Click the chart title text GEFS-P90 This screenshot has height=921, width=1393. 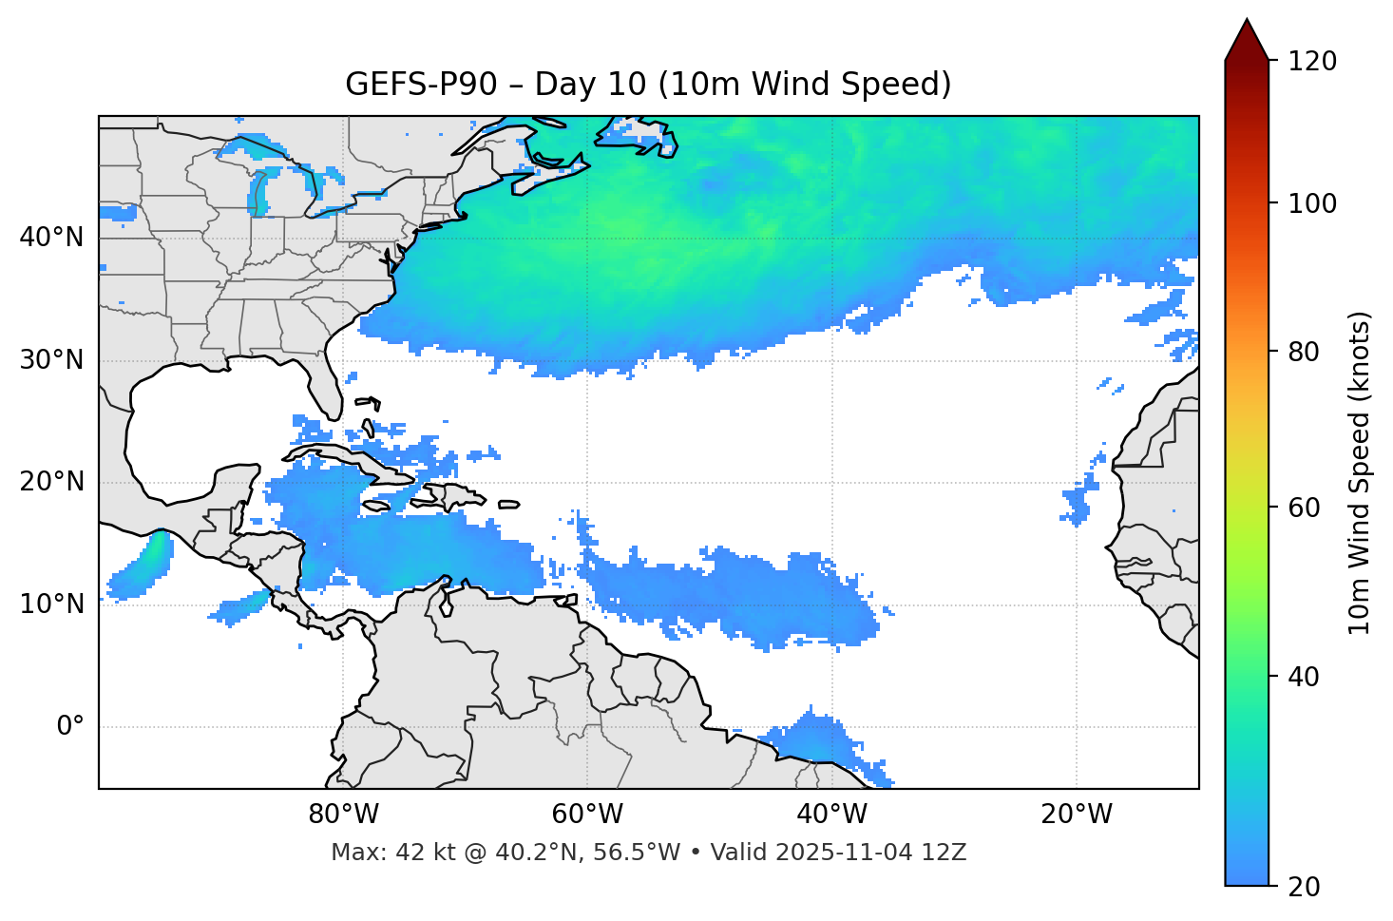421,85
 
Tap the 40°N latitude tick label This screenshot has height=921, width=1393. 51,238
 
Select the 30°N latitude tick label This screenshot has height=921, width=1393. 51,360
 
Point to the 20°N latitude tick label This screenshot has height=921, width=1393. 51,482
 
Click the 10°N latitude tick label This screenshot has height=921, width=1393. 51,604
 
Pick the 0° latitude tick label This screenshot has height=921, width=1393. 70,727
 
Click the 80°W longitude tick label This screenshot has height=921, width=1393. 343,815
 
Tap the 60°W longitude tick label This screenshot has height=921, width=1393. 587,815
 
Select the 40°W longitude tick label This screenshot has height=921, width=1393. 831,815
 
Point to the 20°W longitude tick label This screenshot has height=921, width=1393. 1076,815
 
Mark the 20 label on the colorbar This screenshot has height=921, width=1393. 1304,887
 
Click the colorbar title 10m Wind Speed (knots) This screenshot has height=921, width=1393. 1360,472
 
